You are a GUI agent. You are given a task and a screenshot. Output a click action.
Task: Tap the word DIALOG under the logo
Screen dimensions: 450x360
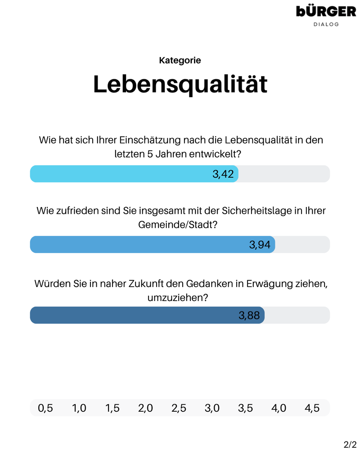click(x=326, y=24)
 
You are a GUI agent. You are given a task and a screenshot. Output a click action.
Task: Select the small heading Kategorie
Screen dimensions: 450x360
click(x=180, y=60)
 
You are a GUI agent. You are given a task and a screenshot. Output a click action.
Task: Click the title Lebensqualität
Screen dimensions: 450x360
click(x=180, y=84)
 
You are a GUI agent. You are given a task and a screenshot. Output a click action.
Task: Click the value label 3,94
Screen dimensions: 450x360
click(x=260, y=245)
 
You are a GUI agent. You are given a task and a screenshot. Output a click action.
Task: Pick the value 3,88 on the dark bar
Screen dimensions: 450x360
click(x=249, y=315)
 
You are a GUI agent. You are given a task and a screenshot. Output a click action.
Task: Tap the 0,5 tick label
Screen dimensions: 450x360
click(x=45, y=408)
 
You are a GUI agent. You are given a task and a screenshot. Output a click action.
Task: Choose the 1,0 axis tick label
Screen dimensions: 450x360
click(x=79, y=408)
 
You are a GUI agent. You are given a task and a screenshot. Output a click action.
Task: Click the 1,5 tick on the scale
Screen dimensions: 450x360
click(x=112, y=408)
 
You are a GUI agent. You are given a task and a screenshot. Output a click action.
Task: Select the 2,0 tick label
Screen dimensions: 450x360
click(x=146, y=408)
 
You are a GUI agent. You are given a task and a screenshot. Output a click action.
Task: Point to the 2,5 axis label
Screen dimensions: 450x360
click(x=179, y=408)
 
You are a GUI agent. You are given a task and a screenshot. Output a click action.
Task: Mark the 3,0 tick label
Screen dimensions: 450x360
click(x=212, y=408)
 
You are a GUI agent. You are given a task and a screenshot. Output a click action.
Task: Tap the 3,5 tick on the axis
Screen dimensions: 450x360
click(x=245, y=408)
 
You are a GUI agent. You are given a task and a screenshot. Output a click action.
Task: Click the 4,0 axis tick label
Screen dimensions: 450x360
click(x=279, y=408)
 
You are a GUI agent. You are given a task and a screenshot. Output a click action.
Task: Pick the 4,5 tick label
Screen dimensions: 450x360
click(x=312, y=408)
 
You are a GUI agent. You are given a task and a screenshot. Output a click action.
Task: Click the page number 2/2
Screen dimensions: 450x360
click(x=350, y=445)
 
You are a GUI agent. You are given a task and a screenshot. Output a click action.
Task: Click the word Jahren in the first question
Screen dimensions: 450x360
click(x=174, y=154)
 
